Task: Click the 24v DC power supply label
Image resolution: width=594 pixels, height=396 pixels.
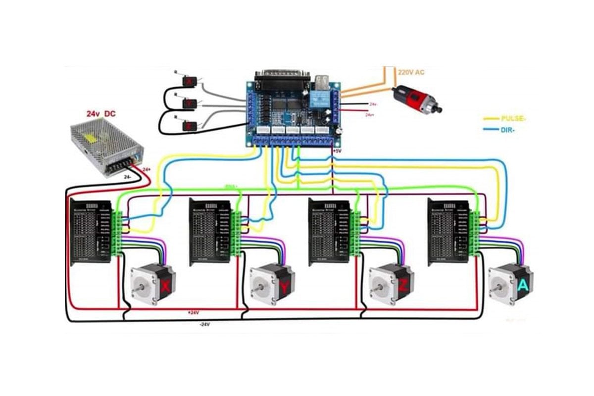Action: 101,114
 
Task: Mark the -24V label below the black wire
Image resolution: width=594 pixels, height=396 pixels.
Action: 204,325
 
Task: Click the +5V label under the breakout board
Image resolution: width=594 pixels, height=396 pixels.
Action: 337,150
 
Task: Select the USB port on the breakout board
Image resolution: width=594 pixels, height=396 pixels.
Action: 320,79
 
